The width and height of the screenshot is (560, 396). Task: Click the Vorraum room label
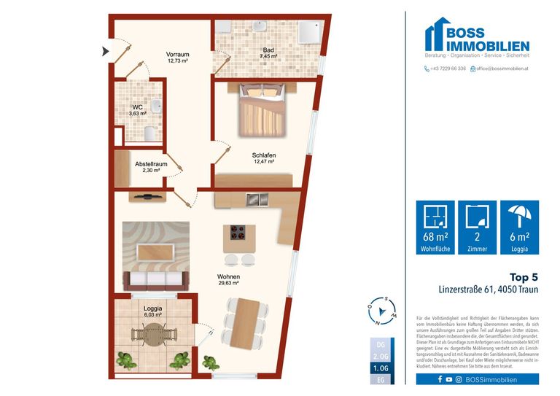tap(177, 58)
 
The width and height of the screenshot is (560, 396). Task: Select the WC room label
tap(138, 110)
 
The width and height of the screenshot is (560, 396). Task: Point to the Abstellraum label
tap(151, 167)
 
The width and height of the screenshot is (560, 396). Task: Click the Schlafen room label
tap(264, 158)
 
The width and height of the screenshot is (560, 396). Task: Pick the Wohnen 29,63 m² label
tap(228, 280)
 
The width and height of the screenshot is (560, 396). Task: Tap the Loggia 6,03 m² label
tap(153, 311)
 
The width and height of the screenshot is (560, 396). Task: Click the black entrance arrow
tap(105, 51)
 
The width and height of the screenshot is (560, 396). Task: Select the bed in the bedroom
tap(261, 109)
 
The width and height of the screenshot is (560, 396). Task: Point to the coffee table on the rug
tap(155, 250)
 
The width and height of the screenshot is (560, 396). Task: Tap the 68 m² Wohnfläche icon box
tap(435, 227)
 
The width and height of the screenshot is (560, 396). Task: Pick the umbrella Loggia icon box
tap(520, 227)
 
